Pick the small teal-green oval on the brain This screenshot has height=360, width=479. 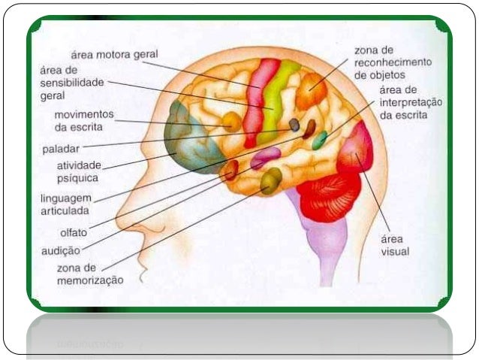(x=320, y=140)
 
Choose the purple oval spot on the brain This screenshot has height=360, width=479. (x=265, y=158)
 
